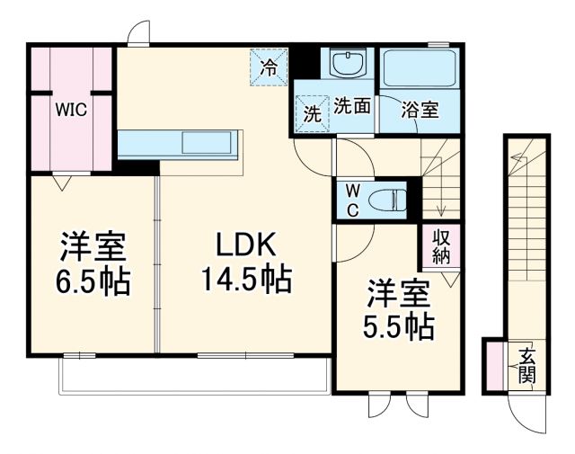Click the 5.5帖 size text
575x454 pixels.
pos(399,325)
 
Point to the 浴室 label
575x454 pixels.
pos(419,110)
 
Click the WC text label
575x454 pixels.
pos(352,200)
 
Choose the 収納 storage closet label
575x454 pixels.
pos(440,245)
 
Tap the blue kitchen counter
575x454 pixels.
pos(179,143)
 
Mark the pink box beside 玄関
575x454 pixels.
pos(494,365)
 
